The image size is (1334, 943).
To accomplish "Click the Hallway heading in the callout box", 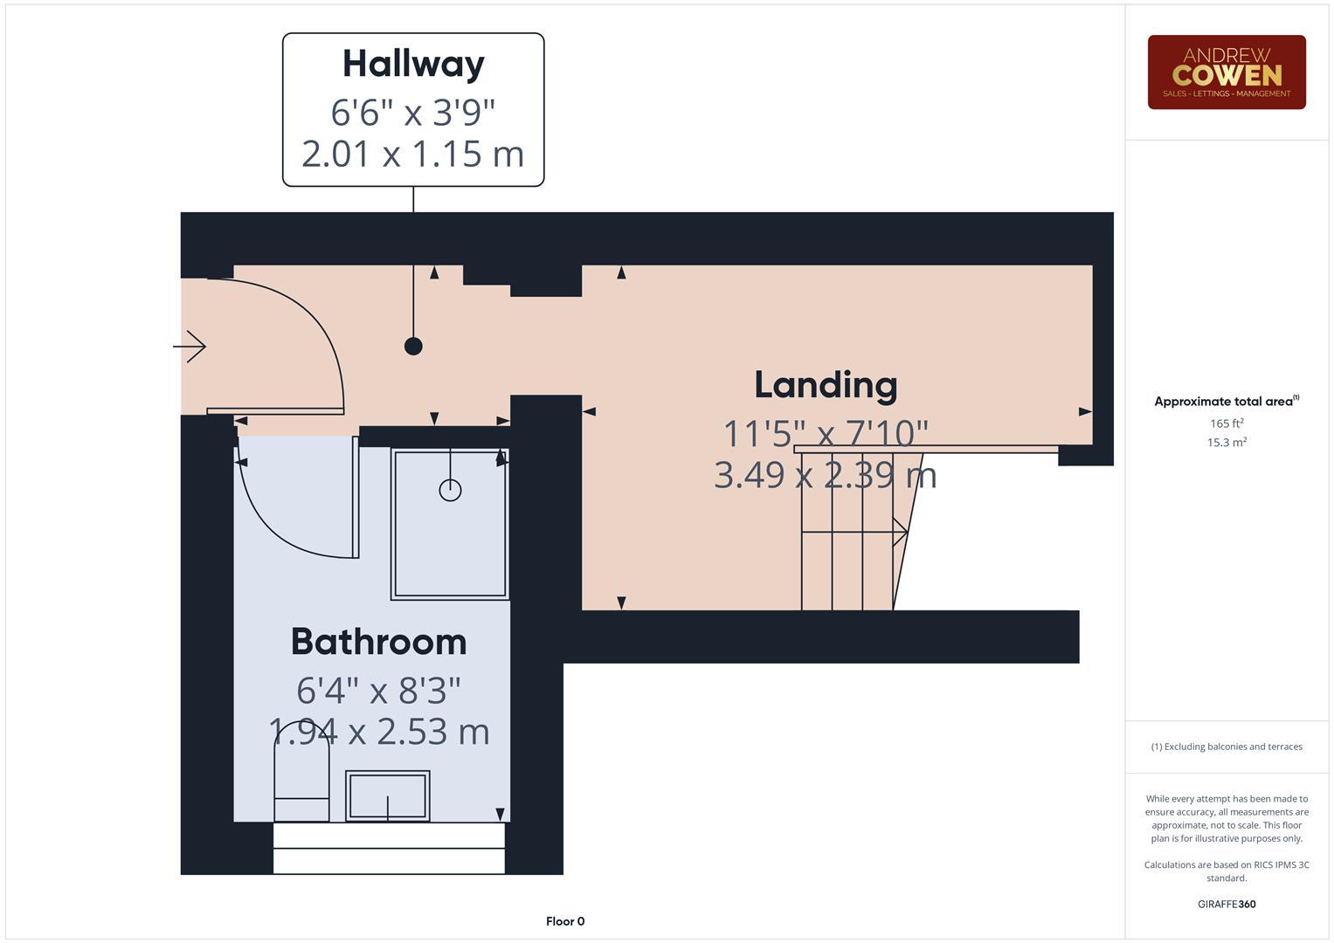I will coord(413,64).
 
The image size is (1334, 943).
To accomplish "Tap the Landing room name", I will coord(826,385).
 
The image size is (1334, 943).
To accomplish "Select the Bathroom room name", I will coord(378,642).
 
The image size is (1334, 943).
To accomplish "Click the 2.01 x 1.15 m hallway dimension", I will coord(412,155).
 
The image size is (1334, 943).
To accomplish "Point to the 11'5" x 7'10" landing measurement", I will coord(826,432).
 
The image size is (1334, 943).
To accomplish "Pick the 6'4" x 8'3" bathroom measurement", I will coord(378,691).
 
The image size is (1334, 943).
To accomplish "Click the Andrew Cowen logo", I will coord(1226,72).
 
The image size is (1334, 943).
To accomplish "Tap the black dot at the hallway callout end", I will coord(413,347).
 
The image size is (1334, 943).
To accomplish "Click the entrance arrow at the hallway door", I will coord(190,347).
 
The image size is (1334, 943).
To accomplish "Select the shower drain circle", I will coord(450,490).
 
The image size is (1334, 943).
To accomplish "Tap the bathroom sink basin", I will coord(387,795).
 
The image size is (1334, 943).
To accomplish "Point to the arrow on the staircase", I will coord(898,532).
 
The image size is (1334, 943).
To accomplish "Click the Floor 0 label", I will coord(565,921).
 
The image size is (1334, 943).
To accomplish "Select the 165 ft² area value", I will coord(1226,423).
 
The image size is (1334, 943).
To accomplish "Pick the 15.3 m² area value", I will coord(1226,443).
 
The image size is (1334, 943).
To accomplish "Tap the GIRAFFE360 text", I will coord(1226,905).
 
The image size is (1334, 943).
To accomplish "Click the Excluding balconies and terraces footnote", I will coord(1226,747).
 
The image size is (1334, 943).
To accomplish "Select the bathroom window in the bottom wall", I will coord(389,848).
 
